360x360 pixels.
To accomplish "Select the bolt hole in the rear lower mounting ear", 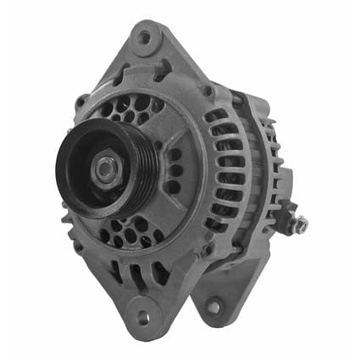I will click(213, 306).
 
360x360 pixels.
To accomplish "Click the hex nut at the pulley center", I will click(104, 169).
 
